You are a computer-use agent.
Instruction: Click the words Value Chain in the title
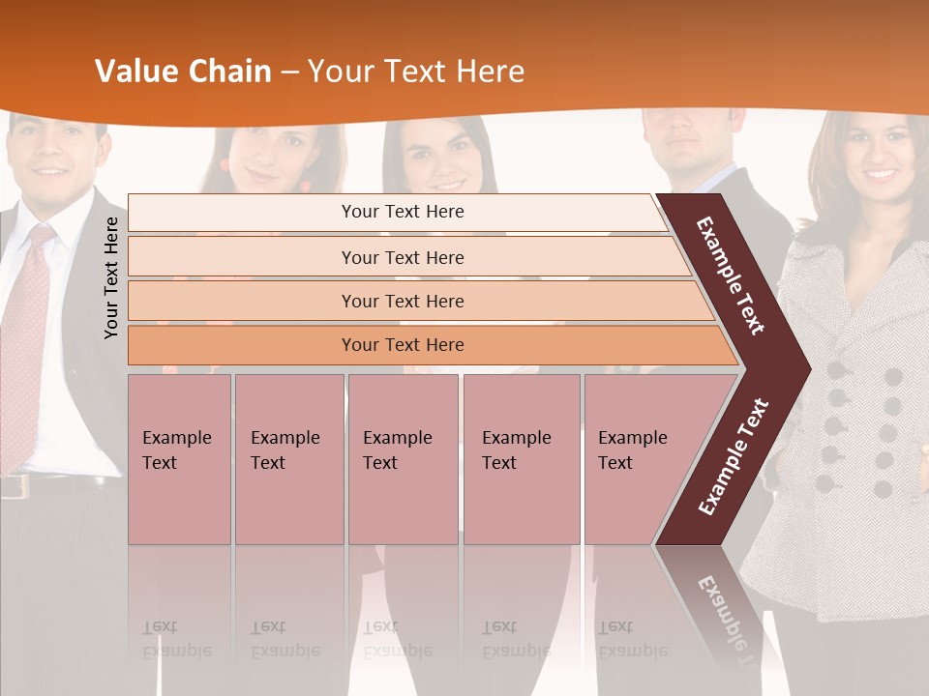coord(183,72)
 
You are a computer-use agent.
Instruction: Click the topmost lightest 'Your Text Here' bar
coord(402,212)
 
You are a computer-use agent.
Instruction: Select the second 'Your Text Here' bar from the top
coord(403,257)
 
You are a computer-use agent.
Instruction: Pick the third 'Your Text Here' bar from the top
coord(403,301)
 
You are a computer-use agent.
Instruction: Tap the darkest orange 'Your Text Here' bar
coord(403,345)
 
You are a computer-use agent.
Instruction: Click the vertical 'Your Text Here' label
coord(111,277)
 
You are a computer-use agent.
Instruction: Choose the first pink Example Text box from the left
coord(179,459)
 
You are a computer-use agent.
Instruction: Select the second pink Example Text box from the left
coord(288,459)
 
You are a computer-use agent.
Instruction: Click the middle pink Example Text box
coord(403,459)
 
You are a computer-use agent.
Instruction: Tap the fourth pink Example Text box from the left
coord(522,459)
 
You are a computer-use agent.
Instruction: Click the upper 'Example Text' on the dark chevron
coord(731,275)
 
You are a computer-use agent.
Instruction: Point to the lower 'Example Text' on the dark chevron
coord(734,456)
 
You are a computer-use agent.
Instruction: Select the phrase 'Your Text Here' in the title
coord(416,72)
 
